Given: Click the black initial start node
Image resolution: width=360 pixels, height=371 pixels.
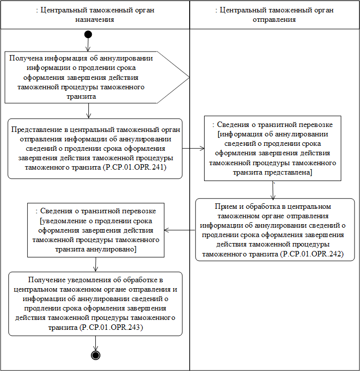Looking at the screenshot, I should [88, 34].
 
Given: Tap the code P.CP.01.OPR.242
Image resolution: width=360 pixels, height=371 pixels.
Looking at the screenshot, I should [311, 254].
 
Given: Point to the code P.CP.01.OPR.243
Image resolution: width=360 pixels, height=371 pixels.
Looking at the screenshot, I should [112, 327].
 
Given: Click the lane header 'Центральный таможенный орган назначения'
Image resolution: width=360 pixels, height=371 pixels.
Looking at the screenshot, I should [95, 15].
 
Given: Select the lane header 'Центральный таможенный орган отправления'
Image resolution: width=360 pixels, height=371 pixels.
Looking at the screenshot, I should [274, 15].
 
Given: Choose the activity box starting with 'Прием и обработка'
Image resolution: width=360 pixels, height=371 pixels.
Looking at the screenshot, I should [275, 230].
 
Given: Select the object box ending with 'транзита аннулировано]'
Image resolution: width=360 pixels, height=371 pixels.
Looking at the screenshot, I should [95, 229].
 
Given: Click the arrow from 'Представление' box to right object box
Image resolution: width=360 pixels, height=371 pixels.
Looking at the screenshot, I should [194, 148].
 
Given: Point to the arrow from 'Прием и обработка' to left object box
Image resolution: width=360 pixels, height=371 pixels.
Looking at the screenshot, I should [180, 230].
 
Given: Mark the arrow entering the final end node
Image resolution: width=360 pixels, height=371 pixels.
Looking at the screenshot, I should [95, 343].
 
